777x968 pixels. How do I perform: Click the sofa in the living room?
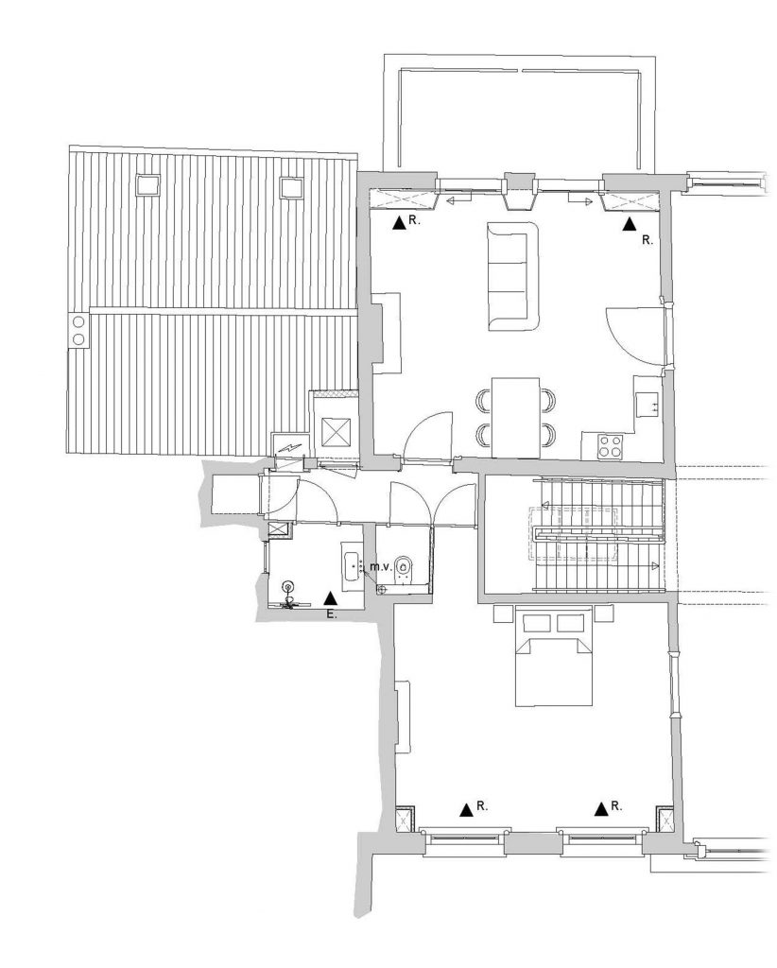point(513,277)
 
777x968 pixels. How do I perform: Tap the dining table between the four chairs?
point(516,417)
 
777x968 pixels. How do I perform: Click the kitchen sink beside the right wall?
point(647,405)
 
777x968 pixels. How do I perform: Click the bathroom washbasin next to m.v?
point(353,566)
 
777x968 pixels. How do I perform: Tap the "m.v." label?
point(379,566)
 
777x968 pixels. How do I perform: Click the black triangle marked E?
point(330,597)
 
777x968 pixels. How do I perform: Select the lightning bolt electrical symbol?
point(289,447)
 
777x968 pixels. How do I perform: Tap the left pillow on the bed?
point(536,622)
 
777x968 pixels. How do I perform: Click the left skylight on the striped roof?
point(147,185)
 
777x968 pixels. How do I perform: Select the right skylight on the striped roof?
point(292,188)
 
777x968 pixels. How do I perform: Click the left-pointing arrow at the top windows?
point(456,200)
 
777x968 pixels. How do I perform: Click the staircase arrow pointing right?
point(653,565)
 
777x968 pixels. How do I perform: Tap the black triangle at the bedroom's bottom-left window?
point(467,809)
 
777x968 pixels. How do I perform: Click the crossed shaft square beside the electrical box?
point(337,430)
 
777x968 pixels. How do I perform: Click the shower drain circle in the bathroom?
point(287,586)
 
